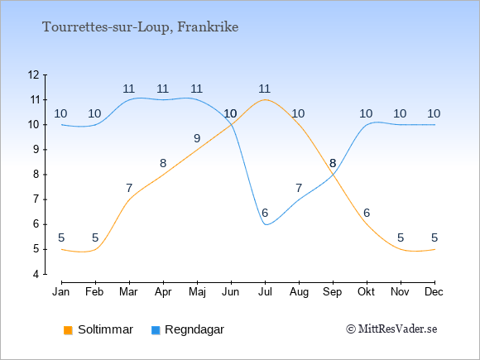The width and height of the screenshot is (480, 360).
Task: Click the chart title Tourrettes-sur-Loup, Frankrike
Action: coord(140,27)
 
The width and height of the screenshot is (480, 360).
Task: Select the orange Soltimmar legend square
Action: coord(68,330)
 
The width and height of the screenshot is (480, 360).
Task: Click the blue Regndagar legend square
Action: coord(156,330)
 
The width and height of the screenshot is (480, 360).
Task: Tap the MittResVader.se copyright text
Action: coord(391,329)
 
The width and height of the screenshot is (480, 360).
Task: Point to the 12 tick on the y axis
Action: coord(33,74)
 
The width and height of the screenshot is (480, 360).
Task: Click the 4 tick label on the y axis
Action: coord(36,274)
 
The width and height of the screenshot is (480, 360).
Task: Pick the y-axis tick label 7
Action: coord(36,199)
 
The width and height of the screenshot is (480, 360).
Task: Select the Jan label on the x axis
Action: coord(61,292)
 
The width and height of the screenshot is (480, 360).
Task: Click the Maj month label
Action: coord(197,292)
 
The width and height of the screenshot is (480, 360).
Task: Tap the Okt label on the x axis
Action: coord(366,292)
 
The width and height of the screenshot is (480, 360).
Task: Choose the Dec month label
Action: coord(434,292)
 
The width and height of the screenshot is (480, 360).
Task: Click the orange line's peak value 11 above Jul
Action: coord(265,89)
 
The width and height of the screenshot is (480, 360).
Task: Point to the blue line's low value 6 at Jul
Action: coord(265,213)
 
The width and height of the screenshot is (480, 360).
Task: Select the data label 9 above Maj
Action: coord(197,138)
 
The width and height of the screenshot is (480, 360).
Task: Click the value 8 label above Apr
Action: coord(163,163)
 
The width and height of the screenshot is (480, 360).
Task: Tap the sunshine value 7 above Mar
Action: coord(129,188)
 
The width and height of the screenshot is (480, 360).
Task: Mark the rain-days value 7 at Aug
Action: coord(299,188)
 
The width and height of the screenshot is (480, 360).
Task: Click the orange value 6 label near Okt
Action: coord(367,213)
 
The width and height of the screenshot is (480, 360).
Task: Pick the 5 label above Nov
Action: coord(401,238)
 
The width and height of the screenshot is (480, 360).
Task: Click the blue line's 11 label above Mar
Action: coord(129,89)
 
